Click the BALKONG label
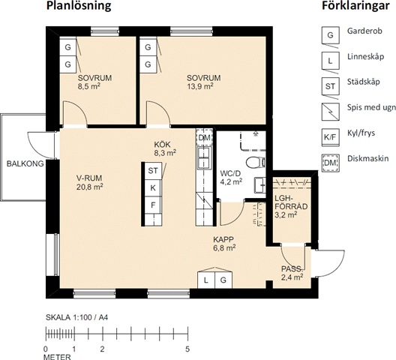25,163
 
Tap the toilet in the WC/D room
256,163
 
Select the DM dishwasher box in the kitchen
204,138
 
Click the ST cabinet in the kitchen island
153,171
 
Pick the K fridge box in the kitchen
153,188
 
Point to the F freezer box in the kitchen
153,205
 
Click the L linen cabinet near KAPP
206,280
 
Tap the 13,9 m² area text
200,86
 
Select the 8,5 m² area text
89,86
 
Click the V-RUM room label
89,178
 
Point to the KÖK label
163,145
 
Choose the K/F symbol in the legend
330,137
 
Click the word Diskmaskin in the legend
368,159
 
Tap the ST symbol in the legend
330,86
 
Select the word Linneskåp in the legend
366,56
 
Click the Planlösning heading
79,5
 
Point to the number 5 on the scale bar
187,349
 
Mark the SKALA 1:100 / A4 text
77,317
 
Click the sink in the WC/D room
259,185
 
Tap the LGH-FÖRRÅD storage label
291,202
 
